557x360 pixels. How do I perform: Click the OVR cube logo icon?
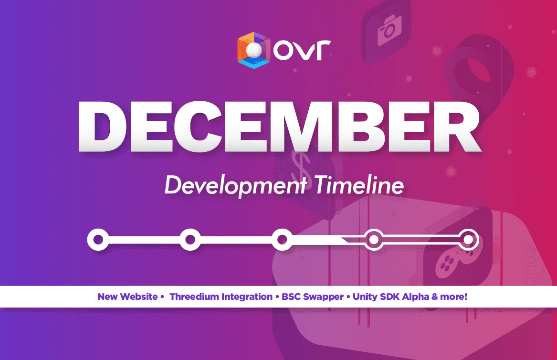[x=254, y=50]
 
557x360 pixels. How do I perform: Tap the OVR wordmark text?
[x=302, y=50]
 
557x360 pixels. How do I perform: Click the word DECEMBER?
[x=279, y=127]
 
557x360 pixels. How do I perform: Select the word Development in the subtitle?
[x=235, y=185]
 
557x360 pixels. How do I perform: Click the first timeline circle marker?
[x=98, y=240]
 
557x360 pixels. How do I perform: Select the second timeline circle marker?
[x=190, y=240]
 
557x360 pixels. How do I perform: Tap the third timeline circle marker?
[x=282, y=240]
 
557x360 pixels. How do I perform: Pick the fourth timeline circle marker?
[x=374, y=240]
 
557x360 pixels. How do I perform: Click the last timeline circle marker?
[x=469, y=240]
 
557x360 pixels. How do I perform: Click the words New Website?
[x=127, y=296]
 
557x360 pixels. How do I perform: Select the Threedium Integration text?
[x=221, y=296]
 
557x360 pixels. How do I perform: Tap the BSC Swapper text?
[x=313, y=297]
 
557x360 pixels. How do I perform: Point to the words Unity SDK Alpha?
[x=391, y=297]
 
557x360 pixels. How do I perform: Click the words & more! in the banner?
[x=449, y=296]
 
